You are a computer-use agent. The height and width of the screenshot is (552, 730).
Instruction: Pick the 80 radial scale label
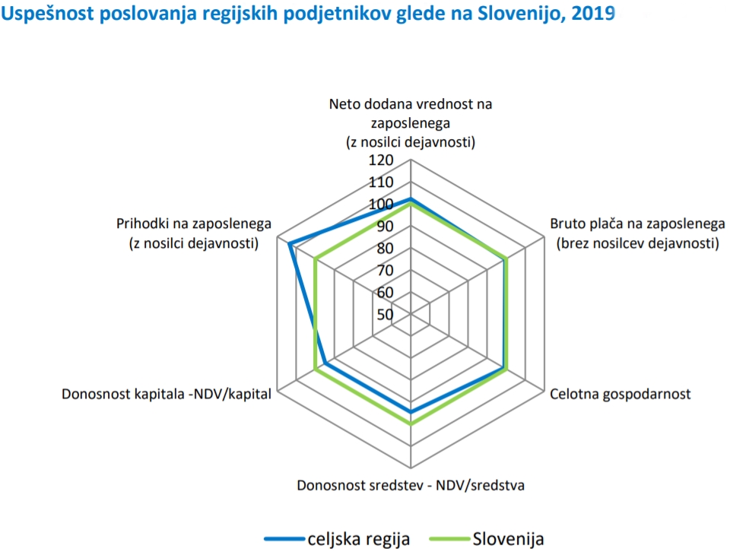[x=385, y=249]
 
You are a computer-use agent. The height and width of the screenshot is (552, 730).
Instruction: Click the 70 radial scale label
[x=385, y=271]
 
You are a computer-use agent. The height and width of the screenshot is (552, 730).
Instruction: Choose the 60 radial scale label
[x=385, y=293]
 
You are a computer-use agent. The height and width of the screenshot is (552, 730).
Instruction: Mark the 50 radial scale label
[x=385, y=315]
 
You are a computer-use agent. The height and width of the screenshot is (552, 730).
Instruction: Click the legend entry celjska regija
[x=358, y=538]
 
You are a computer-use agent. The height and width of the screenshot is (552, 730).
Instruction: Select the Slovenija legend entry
[x=508, y=538]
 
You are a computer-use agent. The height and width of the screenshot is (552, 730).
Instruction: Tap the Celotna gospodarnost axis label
[x=620, y=394]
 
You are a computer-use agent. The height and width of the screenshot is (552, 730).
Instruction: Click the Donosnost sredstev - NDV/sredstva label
[x=411, y=484]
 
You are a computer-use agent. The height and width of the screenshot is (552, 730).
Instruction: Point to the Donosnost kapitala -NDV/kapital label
[x=167, y=394]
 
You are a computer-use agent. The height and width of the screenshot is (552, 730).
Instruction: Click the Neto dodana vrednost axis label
[x=411, y=122]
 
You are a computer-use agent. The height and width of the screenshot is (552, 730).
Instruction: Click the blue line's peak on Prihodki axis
[x=290, y=244]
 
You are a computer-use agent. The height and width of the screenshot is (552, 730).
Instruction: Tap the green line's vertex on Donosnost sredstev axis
[x=411, y=424]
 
